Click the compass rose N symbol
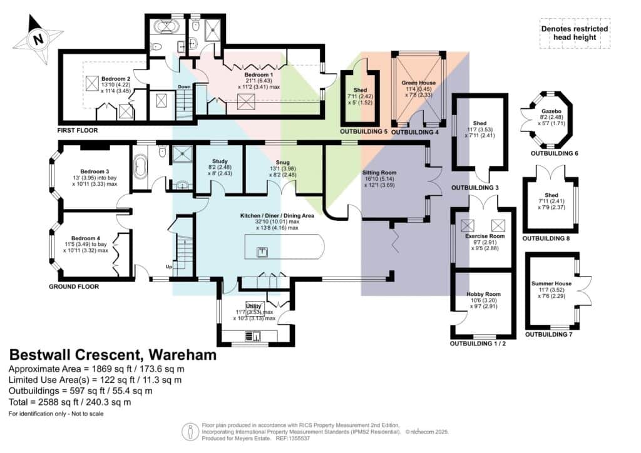click(38, 39)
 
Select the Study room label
click(220, 161)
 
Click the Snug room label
click(282, 162)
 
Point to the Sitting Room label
click(379, 173)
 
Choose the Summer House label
click(551, 283)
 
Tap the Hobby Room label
click(484, 294)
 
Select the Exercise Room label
click(485, 236)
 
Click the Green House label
click(419, 83)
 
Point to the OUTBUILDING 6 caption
click(555, 153)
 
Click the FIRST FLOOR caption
click(78, 130)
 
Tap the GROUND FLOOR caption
click(74, 287)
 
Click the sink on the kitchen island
click(262, 252)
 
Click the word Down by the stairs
click(184, 87)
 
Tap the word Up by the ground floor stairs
click(169, 267)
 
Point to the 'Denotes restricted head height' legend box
click(575, 34)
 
